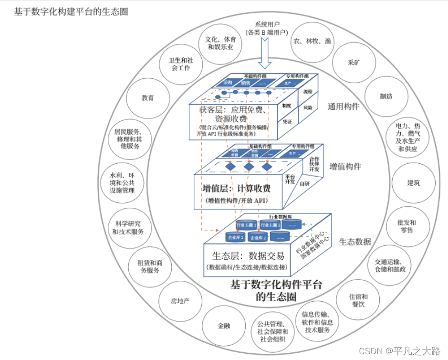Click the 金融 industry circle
[x=224, y=326]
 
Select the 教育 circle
[x=147, y=98]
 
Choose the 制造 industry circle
[x=386, y=96]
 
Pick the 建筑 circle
[x=413, y=183]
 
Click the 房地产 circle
[x=180, y=301]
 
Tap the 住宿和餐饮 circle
[x=358, y=300]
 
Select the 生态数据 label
[x=355, y=242]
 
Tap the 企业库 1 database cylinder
[x=235, y=236]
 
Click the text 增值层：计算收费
[x=236, y=188]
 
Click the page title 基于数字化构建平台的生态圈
[x=71, y=11]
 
